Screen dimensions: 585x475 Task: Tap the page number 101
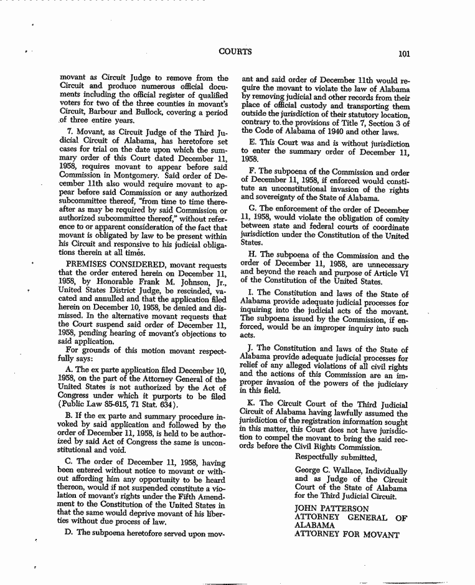(x=403, y=54)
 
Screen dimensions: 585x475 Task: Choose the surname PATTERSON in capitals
(x=349, y=508)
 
